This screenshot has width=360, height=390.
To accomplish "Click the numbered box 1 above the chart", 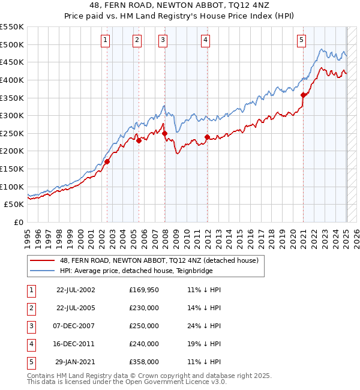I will coord(105,40).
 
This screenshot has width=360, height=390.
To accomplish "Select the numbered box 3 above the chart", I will coord(163,40).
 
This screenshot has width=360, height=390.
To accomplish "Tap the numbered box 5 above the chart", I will coord(301,40).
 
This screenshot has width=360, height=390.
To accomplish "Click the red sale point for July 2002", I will coord(107,161).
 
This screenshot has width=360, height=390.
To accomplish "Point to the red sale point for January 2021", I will coord(304,95).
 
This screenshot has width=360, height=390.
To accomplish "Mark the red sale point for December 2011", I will coord(207,137).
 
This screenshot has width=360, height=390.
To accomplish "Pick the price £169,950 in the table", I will coord(144,290).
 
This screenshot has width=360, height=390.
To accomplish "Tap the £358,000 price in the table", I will coord(144,362).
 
